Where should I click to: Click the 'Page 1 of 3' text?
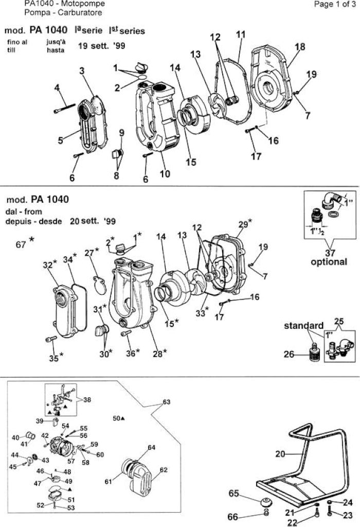pyautogui.click(x=334, y=4)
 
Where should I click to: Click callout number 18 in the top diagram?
pyautogui.click(x=300, y=46)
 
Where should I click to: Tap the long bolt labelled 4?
pyautogui.click(x=64, y=108)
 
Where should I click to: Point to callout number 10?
pyautogui.click(x=165, y=174)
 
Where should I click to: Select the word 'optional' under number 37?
pyautogui.click(x=329, y=262)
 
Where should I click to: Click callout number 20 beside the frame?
pyautogui.click(x=280, y=454)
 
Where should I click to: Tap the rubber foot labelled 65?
pyautogui.click(x=267, y=501)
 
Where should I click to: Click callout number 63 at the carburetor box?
pyautogui.click(x=167, y=402)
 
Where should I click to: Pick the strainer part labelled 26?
pyautogui.click(x=314, y=352)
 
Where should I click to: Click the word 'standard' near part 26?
pyautogui.click(x=303, y=325)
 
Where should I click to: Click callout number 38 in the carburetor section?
pyautogui.click(x=87, y=399)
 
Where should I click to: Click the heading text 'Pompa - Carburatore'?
pyautogui.click(x=63, y=13)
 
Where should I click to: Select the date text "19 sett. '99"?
pyautogui.click(x=101, y=45)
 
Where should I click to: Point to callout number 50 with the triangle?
pyautogui.click(x=119, y=418)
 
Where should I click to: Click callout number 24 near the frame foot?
pyautogui.click(x=348, y=502)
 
